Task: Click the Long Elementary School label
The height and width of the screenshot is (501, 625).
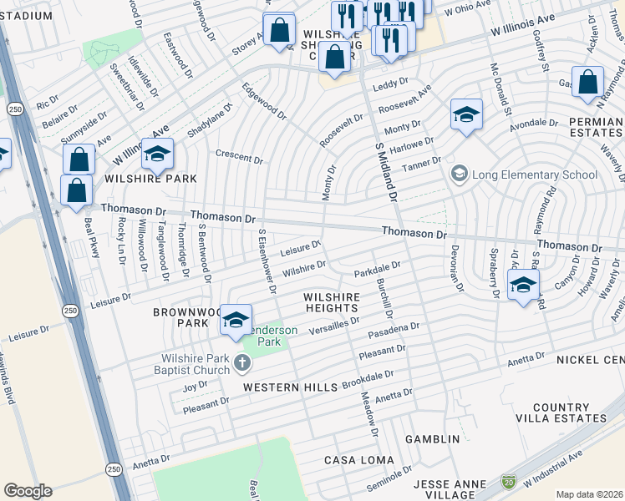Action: pyautogui.click(x=535, y=175)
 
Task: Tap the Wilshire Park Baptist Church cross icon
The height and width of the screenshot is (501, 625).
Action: pyautogui.click(x=242, y=362)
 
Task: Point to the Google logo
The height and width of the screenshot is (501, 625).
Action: pyautogui.click(x=28, y=491)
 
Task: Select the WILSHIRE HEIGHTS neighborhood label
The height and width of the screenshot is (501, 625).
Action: pyautogui.click(x=332, y=302)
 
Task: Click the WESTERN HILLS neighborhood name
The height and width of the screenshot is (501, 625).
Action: pyautogui.click(x=289, y=387)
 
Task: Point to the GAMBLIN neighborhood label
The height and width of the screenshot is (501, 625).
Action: pyautogui.click(x=432, y=439)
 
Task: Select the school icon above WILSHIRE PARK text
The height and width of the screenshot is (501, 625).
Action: pyautogui.click(x=156, y=154)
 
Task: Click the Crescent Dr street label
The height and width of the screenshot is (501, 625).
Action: pyautogui.click(x=239, y=156)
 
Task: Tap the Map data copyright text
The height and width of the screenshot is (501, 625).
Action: pyautogui.click(x=589, y=494)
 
